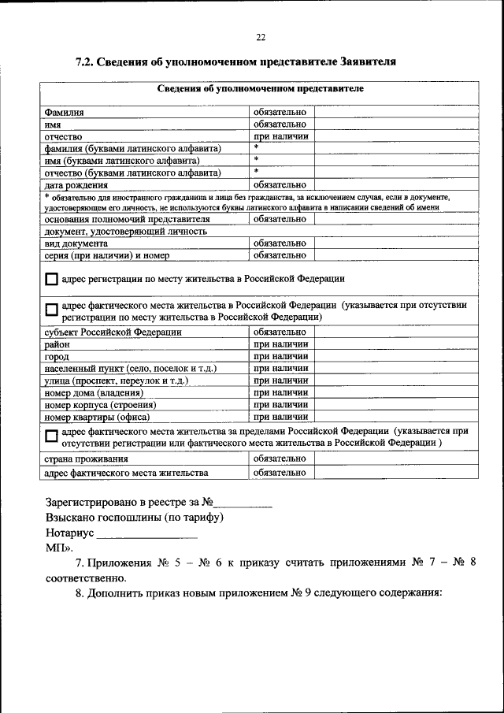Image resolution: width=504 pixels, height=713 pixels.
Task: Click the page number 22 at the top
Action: tap(261, 37)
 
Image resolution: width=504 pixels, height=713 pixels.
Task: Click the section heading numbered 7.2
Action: tap(235, 61)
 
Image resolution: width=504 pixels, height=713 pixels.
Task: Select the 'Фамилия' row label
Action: tap(65, 113)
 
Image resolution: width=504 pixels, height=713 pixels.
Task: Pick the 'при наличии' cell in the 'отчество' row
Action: tap(280, 136)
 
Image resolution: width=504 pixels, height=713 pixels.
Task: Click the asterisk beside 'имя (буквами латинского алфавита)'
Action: tap(257, 160)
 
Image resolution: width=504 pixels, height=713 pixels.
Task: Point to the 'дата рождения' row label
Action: tap(75, 184)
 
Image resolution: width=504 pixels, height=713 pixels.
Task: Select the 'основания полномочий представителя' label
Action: tap(127, 219)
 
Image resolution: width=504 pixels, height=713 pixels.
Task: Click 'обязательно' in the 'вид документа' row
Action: tap(280, 243)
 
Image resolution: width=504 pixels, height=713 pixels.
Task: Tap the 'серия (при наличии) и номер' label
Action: tap(109, 255)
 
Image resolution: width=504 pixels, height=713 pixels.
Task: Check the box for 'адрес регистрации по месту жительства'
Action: tap(51, 280)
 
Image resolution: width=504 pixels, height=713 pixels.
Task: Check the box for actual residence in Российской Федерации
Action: tap(51, 310)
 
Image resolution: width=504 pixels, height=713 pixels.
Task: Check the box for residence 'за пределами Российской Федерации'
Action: tap(51, 436)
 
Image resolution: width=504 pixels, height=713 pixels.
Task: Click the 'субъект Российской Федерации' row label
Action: tap(113, 332)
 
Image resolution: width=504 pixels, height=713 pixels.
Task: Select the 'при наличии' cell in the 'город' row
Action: tap(280, 356)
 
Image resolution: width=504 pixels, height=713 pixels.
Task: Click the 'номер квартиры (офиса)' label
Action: tap(98, 417)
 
